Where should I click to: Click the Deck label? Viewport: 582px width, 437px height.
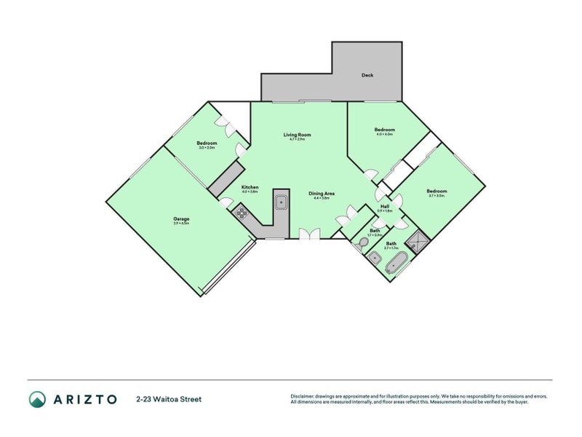tap(367, 75)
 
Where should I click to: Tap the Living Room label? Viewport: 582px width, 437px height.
tap(298, 135)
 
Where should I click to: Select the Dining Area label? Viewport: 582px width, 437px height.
tap(322, 193)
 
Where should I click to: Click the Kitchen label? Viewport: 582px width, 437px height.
tap(250, 187)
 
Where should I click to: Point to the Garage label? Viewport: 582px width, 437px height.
tap(181, 219)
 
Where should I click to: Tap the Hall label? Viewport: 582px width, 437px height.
tap(385, 206)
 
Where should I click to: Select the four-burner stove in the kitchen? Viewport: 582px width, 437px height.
tap(241, 213)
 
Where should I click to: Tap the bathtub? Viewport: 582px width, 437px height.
tap(396, 263)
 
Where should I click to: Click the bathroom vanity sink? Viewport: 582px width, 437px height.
tap(376, 259)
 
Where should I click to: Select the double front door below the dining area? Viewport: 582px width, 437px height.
tap(309, 234)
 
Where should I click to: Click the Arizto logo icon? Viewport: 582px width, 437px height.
tap(37, 399)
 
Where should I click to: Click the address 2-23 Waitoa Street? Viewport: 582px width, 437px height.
tap(169, 399)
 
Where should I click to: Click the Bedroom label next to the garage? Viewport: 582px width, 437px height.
tap(207, 143)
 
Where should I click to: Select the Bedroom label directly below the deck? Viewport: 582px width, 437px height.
tap(384, 130)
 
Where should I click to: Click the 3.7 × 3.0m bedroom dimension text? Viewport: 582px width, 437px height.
tap(437, 196)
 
